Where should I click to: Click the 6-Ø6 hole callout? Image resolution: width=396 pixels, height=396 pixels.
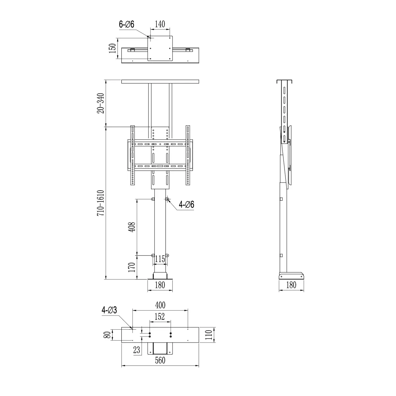[x=127, y=24]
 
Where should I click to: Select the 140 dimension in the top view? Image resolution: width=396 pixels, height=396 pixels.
[x=160, y=24]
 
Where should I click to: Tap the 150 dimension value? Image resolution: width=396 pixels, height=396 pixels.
[x=113, y=49]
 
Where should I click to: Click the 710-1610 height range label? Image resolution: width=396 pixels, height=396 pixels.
[x=101, y=203]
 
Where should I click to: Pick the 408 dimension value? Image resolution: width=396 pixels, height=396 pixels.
[x=132, y=227]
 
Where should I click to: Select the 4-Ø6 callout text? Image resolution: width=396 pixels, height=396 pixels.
[x=186, y=205]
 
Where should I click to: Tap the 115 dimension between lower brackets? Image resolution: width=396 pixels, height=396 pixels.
[x=160, y=259]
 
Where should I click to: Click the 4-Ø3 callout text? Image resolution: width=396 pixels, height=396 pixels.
[x=109, y=310]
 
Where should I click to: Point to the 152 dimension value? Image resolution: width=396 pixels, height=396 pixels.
[x=160, y=317]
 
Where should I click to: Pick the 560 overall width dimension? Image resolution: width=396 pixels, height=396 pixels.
[x=160, y=361]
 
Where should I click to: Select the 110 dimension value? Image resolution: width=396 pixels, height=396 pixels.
[x=208, y=335]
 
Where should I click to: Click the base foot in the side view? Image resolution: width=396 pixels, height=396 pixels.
[x=291, y=276]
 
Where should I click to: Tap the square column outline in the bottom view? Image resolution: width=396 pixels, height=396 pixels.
[x=160, y=348]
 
